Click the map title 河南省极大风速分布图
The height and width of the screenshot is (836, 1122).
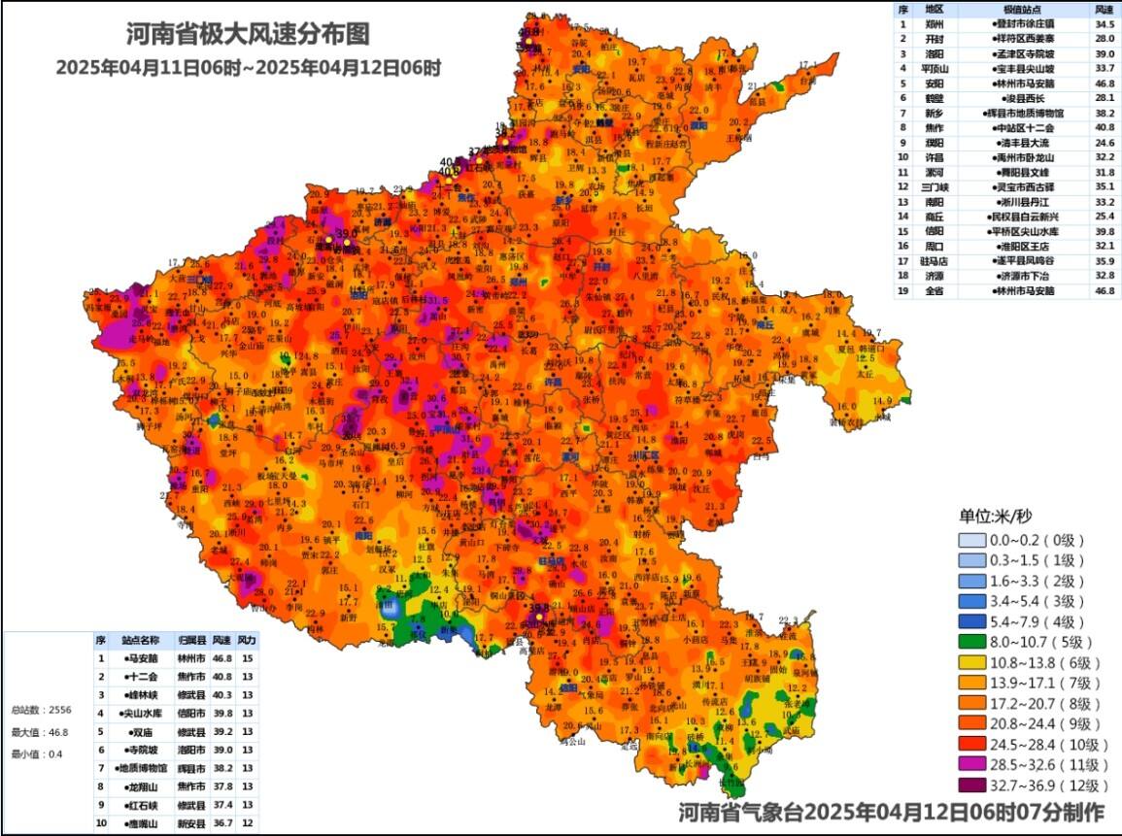pos(248,35)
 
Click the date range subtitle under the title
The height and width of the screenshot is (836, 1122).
pos(249,68)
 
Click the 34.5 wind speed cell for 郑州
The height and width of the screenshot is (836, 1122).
pos(1104,24)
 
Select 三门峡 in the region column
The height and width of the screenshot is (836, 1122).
pos(932,187)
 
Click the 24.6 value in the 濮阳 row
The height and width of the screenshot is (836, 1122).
pos(1104,143)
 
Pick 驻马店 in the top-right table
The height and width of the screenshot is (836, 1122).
pos(932,261)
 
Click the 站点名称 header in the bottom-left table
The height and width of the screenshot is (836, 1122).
pos(140,641)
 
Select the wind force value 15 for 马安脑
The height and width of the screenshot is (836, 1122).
pos(247,658)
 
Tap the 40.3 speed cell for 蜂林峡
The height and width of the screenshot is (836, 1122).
pos(221,695)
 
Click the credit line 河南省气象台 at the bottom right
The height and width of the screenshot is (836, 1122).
pos(890,812)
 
